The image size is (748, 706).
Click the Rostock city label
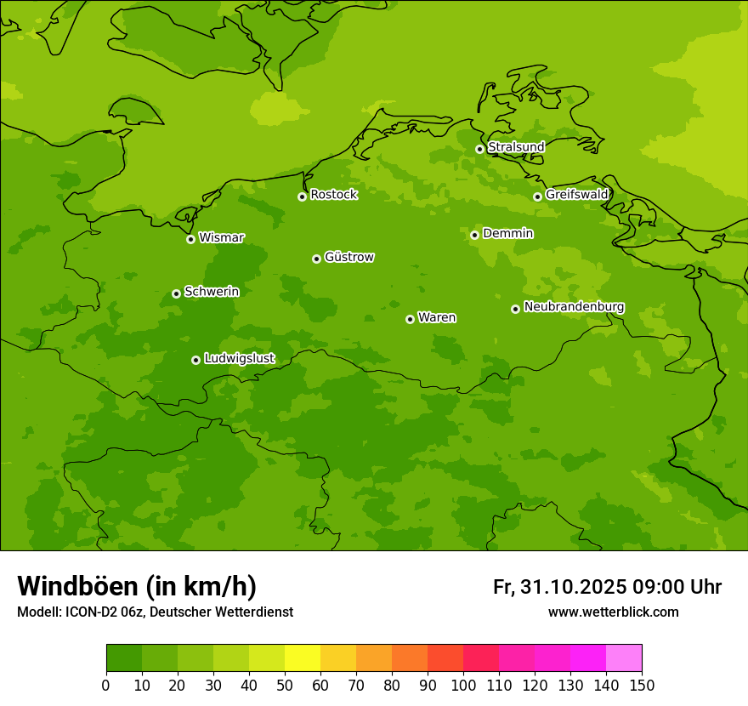click(x=333, y=195)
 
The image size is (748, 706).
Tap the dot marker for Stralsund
click(x=479, y=149)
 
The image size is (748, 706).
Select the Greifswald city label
click(x=576, y=195)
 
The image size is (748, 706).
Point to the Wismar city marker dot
click(x=190, y=239)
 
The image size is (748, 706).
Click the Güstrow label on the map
click(x=348, y=257)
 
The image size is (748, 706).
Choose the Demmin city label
click(x=507, y=233)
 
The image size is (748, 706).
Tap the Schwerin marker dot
click(x=176, y=293)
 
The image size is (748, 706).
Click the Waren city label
click(x=437, y=318)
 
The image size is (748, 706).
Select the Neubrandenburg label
click(x=574, y=307)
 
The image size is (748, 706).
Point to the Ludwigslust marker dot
click(x=195, y=360)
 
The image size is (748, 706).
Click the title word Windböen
click(x=77, y=586)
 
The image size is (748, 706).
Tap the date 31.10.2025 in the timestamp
click(x=574, y=587)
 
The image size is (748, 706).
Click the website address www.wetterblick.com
click(x=613, y=612)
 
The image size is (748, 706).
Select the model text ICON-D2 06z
click(x=101, y=612)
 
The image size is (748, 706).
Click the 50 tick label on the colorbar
click(x=285, y=686)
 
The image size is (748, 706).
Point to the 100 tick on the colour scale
click(x=463, y=686)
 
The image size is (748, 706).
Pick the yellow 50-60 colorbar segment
click(x=303, y=658)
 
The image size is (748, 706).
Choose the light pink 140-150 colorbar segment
click(x=624, y=658)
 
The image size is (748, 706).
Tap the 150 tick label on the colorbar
click(x=642, y=686)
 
